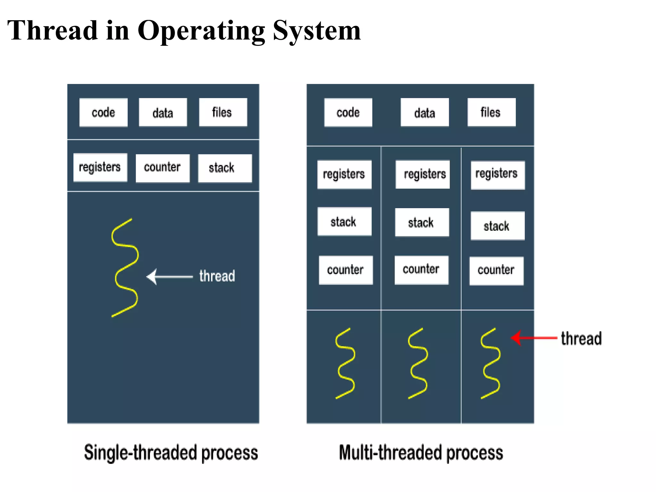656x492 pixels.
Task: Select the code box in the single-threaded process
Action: click(x=103, y=112)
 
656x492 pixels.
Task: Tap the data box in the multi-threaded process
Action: click(x=424, y=112)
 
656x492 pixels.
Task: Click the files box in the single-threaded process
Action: click(x=223, y=112)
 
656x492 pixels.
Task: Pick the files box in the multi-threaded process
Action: click(x=491, y=112)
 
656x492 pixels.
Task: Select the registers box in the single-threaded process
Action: click(x=100, y=168)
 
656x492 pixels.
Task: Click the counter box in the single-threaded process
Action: click(x=162, y=168)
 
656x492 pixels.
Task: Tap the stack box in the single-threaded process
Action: click(x=225, y=168)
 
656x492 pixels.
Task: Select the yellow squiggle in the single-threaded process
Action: click(x=125, y=267)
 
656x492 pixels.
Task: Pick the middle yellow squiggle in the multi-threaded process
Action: click(x=418, y=363)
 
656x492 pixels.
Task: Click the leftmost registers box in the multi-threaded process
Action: click(x=344, y=175)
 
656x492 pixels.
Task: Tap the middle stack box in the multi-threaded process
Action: click(x=422, y=223)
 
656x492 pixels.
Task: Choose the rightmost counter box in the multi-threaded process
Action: click(x=496, y=271)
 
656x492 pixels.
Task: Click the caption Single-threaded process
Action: click(x=171, y=453)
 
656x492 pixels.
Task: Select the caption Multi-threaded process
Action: click(x=421, y=453)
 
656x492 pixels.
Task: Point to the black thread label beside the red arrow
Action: click(x=581, y=339)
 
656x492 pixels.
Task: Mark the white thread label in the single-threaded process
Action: click(x=217, y=276)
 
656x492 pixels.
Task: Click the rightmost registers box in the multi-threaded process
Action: click(x=497, y=175)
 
